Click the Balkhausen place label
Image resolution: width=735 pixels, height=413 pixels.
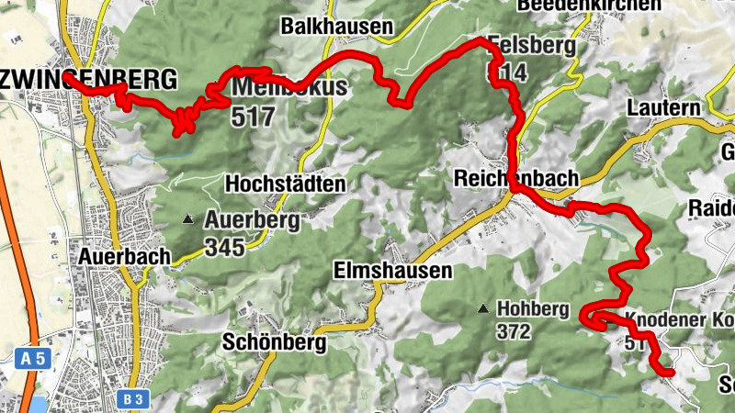(x=337, y=27)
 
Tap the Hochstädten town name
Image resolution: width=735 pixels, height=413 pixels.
(x=285, y=184)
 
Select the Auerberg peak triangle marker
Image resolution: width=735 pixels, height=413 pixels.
(x=188, y=219)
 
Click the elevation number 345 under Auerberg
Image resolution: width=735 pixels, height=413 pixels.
(x=226, y=246)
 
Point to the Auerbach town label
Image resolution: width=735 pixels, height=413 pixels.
(x=125, y=256)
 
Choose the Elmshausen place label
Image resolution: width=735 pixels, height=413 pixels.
(x=393, y=271)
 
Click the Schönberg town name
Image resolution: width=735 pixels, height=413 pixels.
(x=275, y=342)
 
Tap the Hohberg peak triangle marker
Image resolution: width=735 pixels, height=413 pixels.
(x=483, y=308)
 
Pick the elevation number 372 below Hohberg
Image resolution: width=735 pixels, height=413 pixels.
(x=514, y=331)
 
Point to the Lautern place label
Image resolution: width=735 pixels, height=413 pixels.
(x=663, y=107)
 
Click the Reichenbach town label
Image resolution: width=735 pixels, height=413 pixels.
(x=516, y=178)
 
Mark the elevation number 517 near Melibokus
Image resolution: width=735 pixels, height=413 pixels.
(x=254, y=117)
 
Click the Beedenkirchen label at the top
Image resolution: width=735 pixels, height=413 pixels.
(x=588, y=6)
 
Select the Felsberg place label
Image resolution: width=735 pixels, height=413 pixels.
(x=533, y=45)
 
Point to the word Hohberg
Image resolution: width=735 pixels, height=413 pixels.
(x=533, y=308)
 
